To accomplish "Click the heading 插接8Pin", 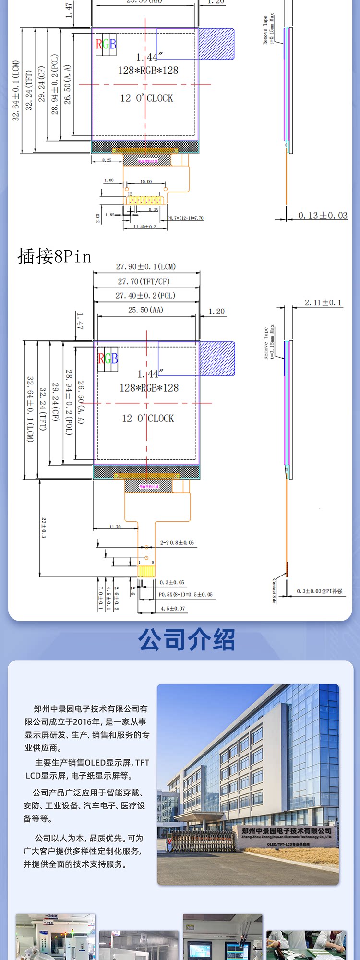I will [x=54, y=256].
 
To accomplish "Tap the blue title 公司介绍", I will [x=187, y=640].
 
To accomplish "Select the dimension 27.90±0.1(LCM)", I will [x=146, y=266].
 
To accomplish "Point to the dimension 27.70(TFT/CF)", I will [x=144, y=281].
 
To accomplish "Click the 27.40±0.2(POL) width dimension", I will [x=145, y=296].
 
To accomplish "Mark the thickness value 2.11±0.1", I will [x=323, y=302].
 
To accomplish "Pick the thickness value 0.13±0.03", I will [x=323, y=216].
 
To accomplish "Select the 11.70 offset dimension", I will [x=115, y=527].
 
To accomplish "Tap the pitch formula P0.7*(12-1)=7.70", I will [x=185, y=218].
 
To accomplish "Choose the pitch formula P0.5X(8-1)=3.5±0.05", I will [x=186, y=594].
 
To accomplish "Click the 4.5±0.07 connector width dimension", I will [x=173, y=608].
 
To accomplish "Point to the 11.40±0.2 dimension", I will [x=144, y=227].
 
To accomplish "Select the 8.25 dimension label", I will [x=107, y=160].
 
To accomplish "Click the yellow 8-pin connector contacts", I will [x=146, y=571].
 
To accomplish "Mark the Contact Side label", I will [x=274, y=591].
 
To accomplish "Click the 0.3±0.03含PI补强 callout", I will [x=320, y=591].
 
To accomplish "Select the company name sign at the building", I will [x=287, y=831].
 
